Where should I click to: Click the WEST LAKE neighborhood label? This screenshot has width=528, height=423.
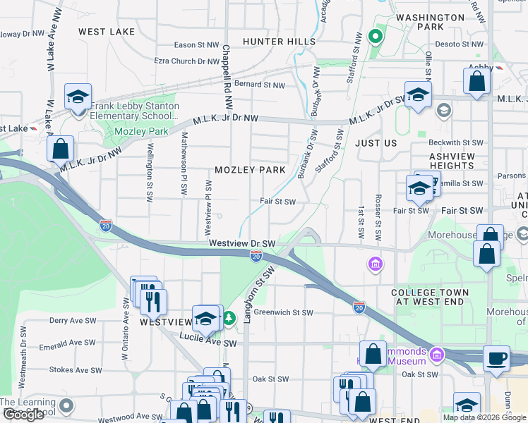click(x=107, y=32)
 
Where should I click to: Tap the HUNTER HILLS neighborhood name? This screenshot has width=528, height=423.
click(x=279, y=42)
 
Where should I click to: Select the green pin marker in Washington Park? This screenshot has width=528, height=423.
click(x=376, y=37)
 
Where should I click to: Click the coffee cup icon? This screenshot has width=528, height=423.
click(x=496, y=357)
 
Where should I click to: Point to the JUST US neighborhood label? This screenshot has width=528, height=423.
click(x=376, y=143)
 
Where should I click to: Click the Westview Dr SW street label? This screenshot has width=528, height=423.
click(x=241, y=243)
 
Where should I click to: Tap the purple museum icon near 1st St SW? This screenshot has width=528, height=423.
click(x=376, y=264)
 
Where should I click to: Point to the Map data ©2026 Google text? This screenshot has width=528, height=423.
click(x=484, y=417)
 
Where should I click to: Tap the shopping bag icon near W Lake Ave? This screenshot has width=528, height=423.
click(x=61, y=149)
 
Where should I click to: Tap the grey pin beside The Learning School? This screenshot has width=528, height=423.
click(x=66, y=405)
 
